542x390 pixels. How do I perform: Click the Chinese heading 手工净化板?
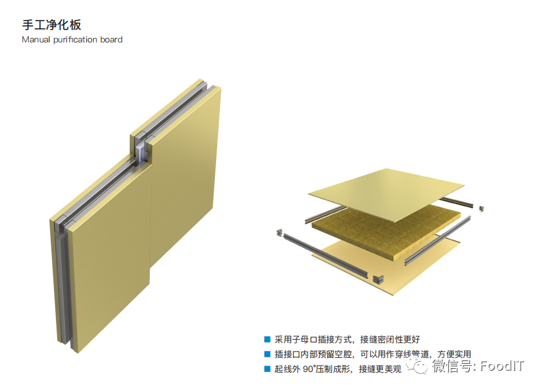(x=51, y=25)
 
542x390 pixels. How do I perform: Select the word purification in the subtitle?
(x=76, y=40)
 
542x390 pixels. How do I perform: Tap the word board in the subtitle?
(x=111, y=40)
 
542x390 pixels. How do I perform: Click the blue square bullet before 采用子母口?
(x=267, y=339)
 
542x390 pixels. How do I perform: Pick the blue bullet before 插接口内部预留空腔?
(x=267, y=354)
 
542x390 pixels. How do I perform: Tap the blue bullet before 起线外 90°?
(x=267, y=369)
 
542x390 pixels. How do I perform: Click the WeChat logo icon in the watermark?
(x=420, y=366)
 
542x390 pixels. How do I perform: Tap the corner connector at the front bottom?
(x=379, y=278)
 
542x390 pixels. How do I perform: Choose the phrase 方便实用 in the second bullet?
(x=454, y=354)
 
